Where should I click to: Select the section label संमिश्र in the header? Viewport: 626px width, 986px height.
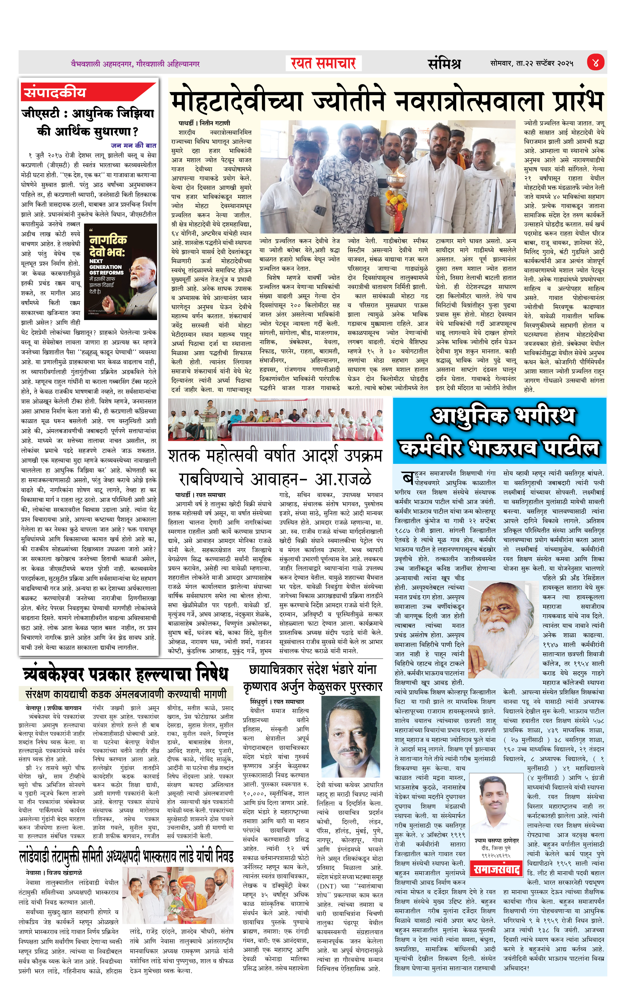pyautogui.click(x=444, y=63)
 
